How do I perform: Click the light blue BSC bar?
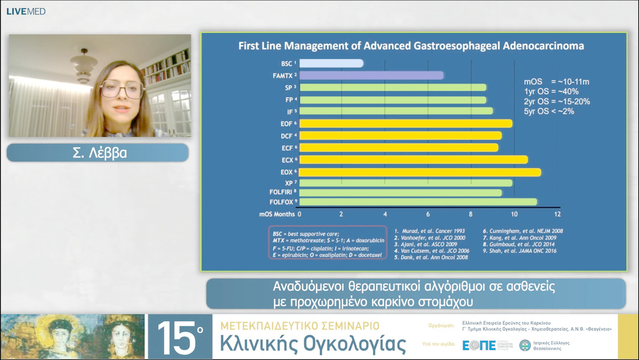[x=331, y=63]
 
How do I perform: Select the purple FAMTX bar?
[x=371, y=75]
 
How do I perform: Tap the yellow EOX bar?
[x=419, y=172]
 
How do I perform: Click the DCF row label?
[x=287, y=136]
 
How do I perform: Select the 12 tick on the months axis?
[x=557, y=214]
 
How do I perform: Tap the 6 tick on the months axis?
[x=428, y=214]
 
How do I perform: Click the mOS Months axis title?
[x=277, y=214]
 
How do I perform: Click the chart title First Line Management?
[x=411, y=46]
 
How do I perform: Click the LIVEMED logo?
[x=26, y=11]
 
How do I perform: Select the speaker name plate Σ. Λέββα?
[x=98, y=153]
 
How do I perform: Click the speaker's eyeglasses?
[x=121, y=89]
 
